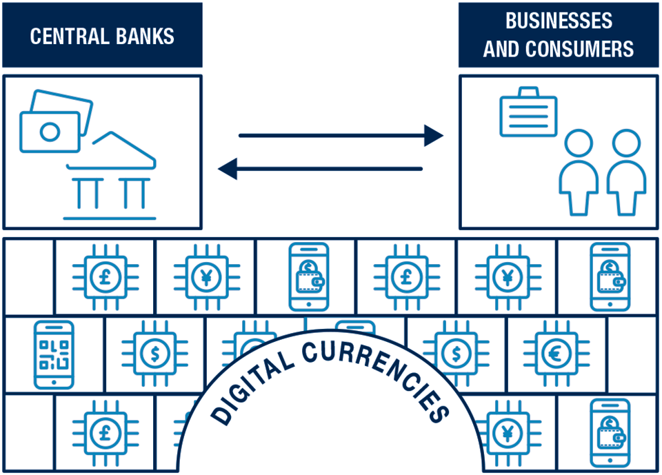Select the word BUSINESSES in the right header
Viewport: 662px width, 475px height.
[x=559, y=21]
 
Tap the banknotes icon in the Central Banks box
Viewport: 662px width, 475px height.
[x=55, y=121]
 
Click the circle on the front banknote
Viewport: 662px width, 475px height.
[x=50, y=131]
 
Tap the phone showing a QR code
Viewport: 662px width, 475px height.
[x=54, y=354]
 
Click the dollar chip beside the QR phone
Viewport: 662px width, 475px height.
[x=154, y=354]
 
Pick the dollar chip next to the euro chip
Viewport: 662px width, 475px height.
[x=456, y=354]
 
